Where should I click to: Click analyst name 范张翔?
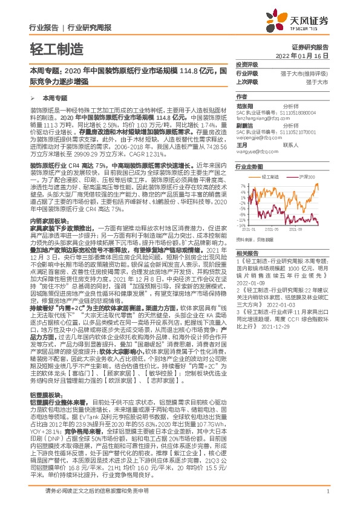coord(245,104)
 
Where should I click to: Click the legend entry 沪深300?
coord(306,176)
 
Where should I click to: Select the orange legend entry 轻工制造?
coord(272,176)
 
